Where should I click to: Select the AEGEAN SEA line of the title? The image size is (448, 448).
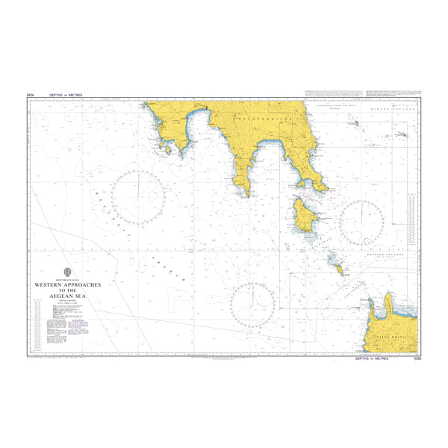point(68,296)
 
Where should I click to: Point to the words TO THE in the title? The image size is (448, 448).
point(68,290)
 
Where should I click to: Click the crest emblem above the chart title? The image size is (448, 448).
point(68,273)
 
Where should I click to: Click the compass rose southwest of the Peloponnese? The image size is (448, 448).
point(138,198)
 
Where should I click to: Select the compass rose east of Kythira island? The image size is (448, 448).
point(361,223)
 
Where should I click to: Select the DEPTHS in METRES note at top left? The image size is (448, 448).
point(66,96)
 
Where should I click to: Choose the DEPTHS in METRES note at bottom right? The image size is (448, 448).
point(372,358)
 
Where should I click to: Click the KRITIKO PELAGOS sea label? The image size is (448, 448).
point(388,258)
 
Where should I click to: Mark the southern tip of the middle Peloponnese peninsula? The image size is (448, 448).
point(246,194)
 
